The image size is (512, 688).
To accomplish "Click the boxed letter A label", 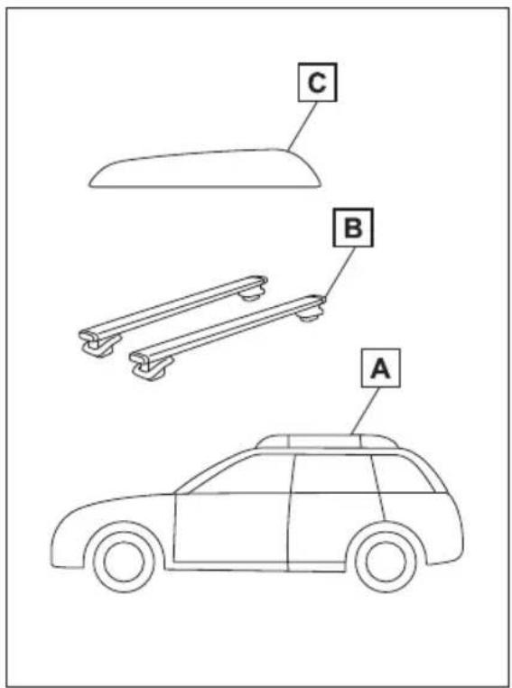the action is pyautogui.click(x=380, y=367).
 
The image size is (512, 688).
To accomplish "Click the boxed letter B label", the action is pyautogui.click(x=353, y=228).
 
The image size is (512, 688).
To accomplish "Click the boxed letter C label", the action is pyautogui.click(x=318, y=82).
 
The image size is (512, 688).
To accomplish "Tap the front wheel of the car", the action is pyautogui.click(x=124, y=561).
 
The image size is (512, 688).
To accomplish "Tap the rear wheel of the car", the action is pyautogui.click(x=386, y=562).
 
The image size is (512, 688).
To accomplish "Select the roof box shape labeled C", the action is pyautogui.click(x=205, y=169).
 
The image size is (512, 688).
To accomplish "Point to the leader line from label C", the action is pyautogui.click(x=302, y=126).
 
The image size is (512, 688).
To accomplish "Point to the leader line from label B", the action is pyautogui.click(x=340, y=272).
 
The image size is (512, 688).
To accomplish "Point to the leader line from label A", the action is pyautogui.click(x=365, y=411).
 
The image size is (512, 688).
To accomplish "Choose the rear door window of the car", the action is pyautogui.click(x=333, y=474).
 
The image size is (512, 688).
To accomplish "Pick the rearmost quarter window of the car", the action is pyautogui.click(x=402, y=475).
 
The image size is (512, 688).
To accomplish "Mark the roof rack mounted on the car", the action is pyautogui.click(x=327, y=441).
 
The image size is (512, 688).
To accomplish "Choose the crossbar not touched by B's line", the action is pyautogui.click(x=173, y=315).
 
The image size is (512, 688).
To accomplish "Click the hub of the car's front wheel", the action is pyautogui.click(x=124, y=561).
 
